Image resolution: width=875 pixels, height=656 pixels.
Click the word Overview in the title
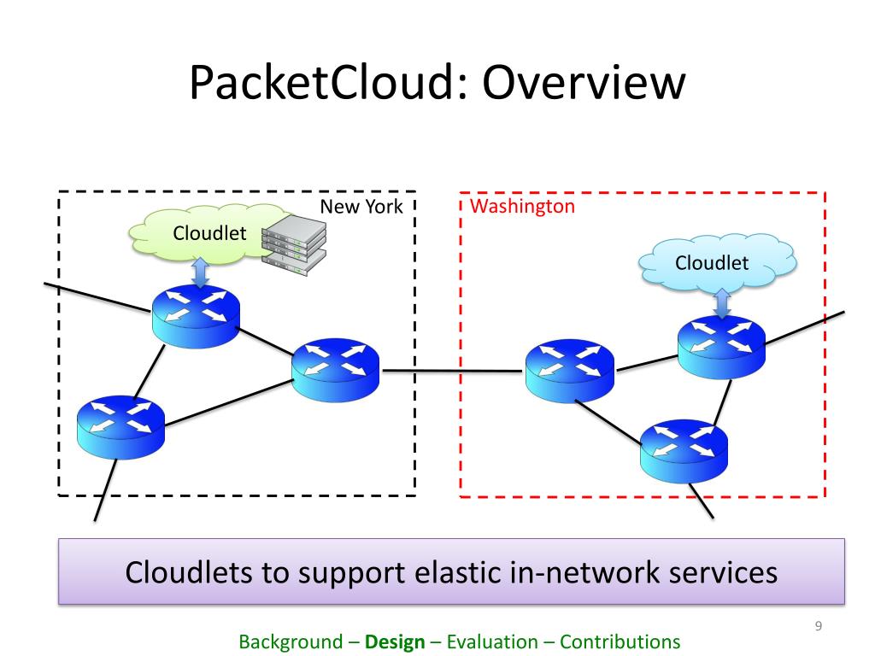point(584,82)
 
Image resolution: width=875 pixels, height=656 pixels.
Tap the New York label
point(361,207)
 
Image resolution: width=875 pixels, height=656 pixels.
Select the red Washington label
point(522,207)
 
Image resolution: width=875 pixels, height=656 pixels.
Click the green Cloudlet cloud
point(209,234)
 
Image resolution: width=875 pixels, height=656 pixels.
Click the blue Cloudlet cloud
point(718,263)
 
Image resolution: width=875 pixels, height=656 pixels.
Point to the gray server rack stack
point(294,244)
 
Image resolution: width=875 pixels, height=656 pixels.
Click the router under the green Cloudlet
point(196,316)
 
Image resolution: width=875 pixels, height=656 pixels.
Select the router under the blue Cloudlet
point(721,347)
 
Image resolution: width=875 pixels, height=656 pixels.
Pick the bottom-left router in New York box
point(120,428)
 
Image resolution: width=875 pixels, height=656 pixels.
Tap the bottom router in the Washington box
point(684,451)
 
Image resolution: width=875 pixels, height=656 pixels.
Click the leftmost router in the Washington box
point(570,371)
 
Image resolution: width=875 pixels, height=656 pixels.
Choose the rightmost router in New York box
point(335,370)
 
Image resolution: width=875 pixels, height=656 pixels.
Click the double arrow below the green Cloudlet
point(200,272)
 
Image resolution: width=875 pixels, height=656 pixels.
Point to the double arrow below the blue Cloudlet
point(722,303)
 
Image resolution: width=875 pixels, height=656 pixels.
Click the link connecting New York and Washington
point(453,371)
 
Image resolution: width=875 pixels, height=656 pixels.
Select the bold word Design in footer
point(395,642)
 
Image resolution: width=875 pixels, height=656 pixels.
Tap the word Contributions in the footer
point(620,641)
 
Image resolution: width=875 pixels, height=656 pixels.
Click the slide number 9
point(818,626)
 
